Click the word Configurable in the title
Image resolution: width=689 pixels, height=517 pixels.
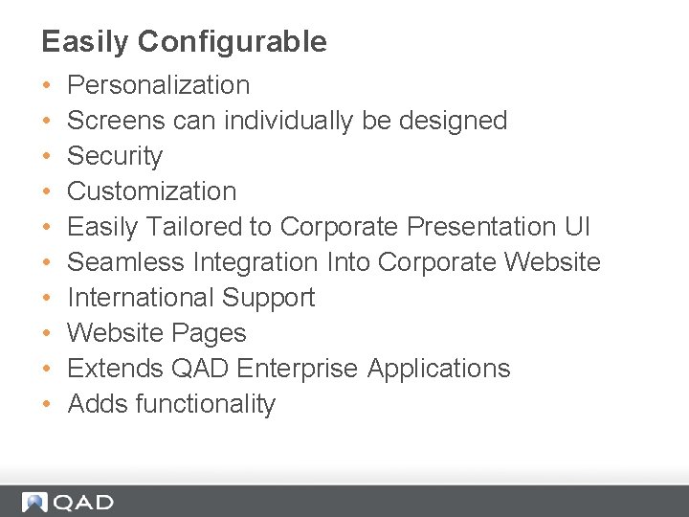233,42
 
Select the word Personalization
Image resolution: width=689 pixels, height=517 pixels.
159,85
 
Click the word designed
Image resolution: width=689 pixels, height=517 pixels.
452,121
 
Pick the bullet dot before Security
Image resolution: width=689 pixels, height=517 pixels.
48,157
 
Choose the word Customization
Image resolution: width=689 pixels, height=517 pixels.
152,191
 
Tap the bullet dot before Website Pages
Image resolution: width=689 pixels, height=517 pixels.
48,334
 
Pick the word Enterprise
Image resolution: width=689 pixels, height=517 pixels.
300,369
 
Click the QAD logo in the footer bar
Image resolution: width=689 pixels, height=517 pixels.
67,502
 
